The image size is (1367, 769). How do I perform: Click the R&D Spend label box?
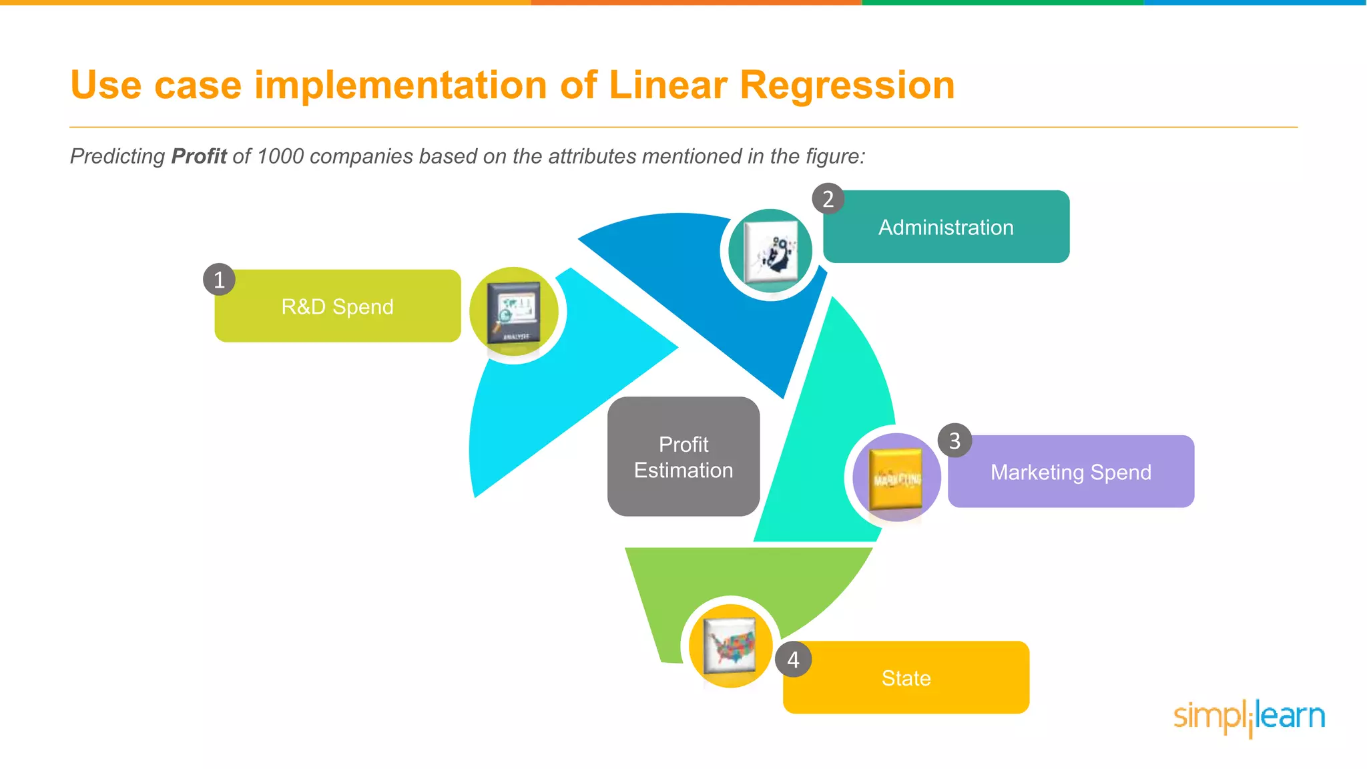337,306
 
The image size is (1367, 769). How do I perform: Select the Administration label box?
946,227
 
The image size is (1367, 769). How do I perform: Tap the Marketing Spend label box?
1071,472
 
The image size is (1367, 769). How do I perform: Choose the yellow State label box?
906,678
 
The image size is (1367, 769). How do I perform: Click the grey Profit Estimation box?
683,457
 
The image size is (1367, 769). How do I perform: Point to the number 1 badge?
219,280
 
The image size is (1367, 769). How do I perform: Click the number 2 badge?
828,199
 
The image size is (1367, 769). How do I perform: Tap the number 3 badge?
954,441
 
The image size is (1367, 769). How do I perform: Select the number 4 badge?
793,660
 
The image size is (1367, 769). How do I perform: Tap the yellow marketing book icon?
896,478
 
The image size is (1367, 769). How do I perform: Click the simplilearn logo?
1249,717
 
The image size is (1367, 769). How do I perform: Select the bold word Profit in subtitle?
199,156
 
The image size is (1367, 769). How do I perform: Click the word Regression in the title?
847,85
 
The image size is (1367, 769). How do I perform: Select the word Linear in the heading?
667,85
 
